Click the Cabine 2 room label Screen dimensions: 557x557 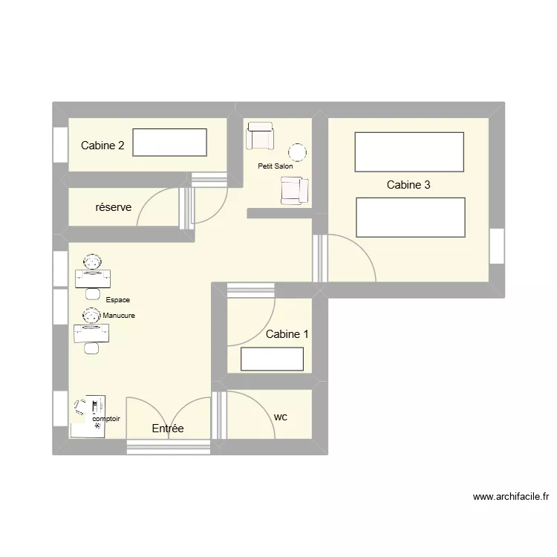(102, 146)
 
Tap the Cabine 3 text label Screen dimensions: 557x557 (408, 185)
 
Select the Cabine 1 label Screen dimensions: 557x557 (287, 334)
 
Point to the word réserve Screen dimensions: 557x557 (114, 207)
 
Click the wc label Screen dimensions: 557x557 (281, 417)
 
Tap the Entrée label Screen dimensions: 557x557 (167, 429)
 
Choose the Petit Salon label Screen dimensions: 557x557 (275, 166)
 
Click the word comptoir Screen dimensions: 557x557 (106, 419)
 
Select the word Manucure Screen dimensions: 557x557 (119, 316)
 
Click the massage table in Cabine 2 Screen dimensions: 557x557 (170, 143)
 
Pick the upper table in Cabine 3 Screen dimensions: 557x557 (409, 152)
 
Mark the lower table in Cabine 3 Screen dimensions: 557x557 (411, 218)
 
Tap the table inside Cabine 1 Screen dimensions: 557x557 (272, 359)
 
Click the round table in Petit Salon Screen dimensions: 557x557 (297, 152)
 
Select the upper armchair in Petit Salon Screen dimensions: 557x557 (261, 136)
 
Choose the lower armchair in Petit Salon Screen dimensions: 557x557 (293, 191)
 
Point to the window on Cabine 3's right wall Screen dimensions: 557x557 (497, 246)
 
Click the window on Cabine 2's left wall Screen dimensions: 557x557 (59, 145)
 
